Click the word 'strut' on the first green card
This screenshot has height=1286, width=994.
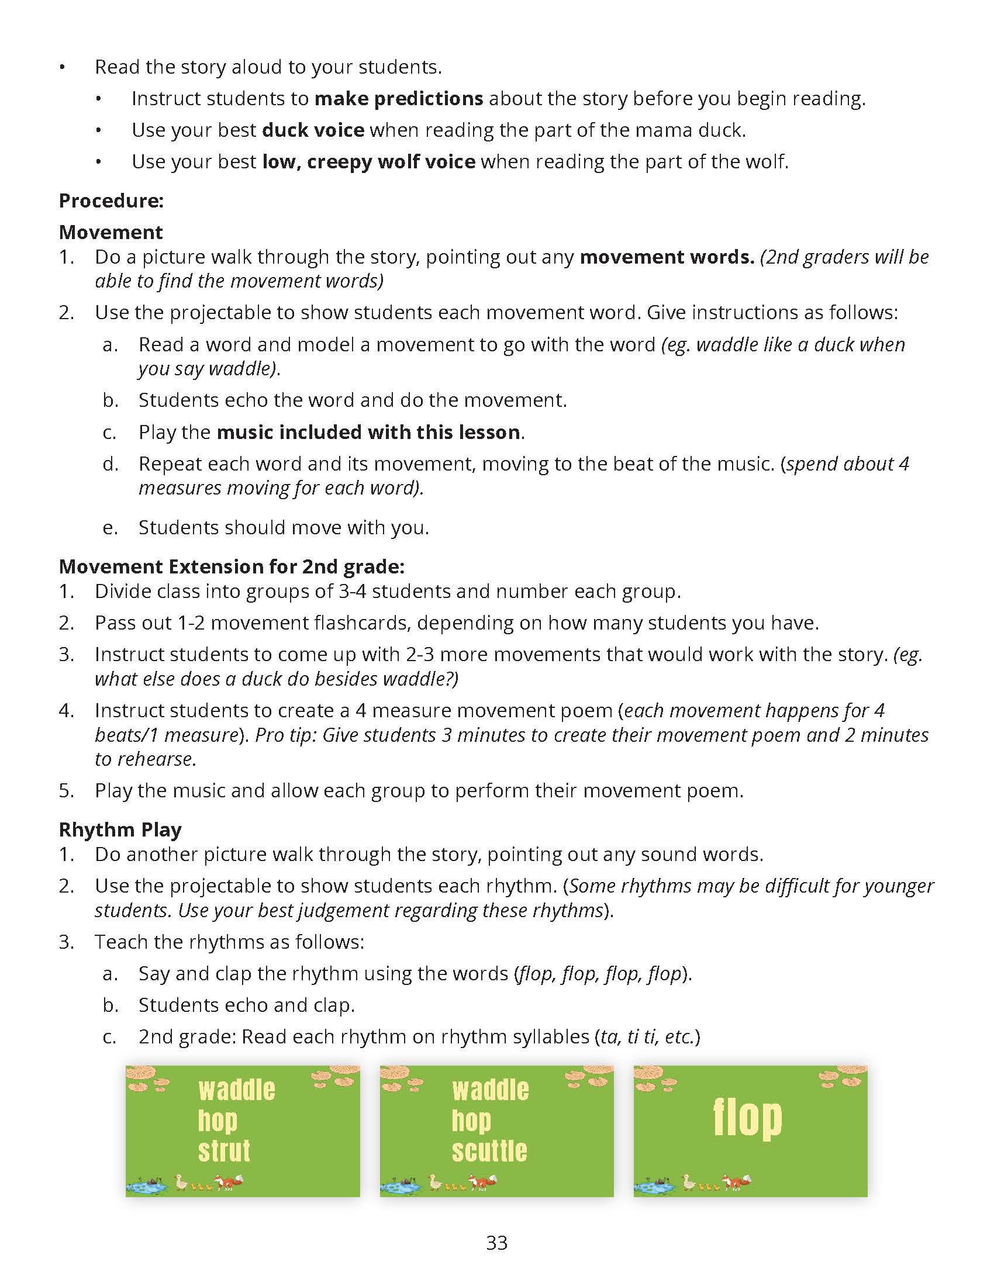[x=224, y=1151]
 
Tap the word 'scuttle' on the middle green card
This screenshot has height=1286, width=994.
[x=489, y=1151]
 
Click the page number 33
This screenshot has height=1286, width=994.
[x=497, y=1243]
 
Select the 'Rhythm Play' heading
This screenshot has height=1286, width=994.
[x=120, y=829]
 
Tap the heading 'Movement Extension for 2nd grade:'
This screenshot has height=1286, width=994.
[x=232, y=566]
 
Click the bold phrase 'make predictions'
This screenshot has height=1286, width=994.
[x=399, y=98]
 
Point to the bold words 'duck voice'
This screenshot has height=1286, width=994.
[x=313, y=130]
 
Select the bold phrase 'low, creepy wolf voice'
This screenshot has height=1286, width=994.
[x=368, y=161]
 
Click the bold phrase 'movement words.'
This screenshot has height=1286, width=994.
[x=667, y=257]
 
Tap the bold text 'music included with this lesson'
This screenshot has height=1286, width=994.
[x=368, y=432]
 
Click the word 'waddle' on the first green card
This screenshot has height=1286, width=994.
[x=237, y=1090]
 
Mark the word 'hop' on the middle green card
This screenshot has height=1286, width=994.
[x=471, y=1121]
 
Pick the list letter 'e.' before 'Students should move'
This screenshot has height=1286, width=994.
[x=110, y=528]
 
